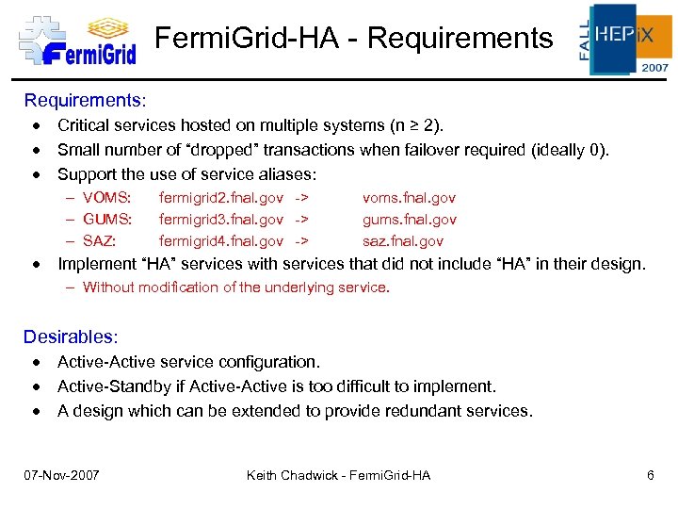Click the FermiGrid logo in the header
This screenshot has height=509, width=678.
[78, 40]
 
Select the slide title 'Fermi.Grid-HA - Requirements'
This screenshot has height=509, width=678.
[353, 39]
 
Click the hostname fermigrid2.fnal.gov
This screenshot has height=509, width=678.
[221, 198]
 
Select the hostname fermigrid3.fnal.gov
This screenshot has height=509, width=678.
[221, 220]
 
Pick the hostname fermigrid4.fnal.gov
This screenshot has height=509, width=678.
[221, 241]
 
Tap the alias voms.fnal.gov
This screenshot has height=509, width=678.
[410, 198]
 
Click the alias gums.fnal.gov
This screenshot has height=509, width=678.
[410, 220]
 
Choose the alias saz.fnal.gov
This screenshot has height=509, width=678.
[403, 241]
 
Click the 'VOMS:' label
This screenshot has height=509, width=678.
[106, 198]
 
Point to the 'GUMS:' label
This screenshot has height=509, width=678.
[107, 220]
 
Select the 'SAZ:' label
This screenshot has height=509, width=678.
[101, 241]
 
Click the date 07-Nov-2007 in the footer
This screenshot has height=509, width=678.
[62, 475]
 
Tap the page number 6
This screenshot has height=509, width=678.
[651, 475]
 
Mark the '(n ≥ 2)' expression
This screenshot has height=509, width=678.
[416, 124]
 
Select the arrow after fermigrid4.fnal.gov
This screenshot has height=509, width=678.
[301, 241]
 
